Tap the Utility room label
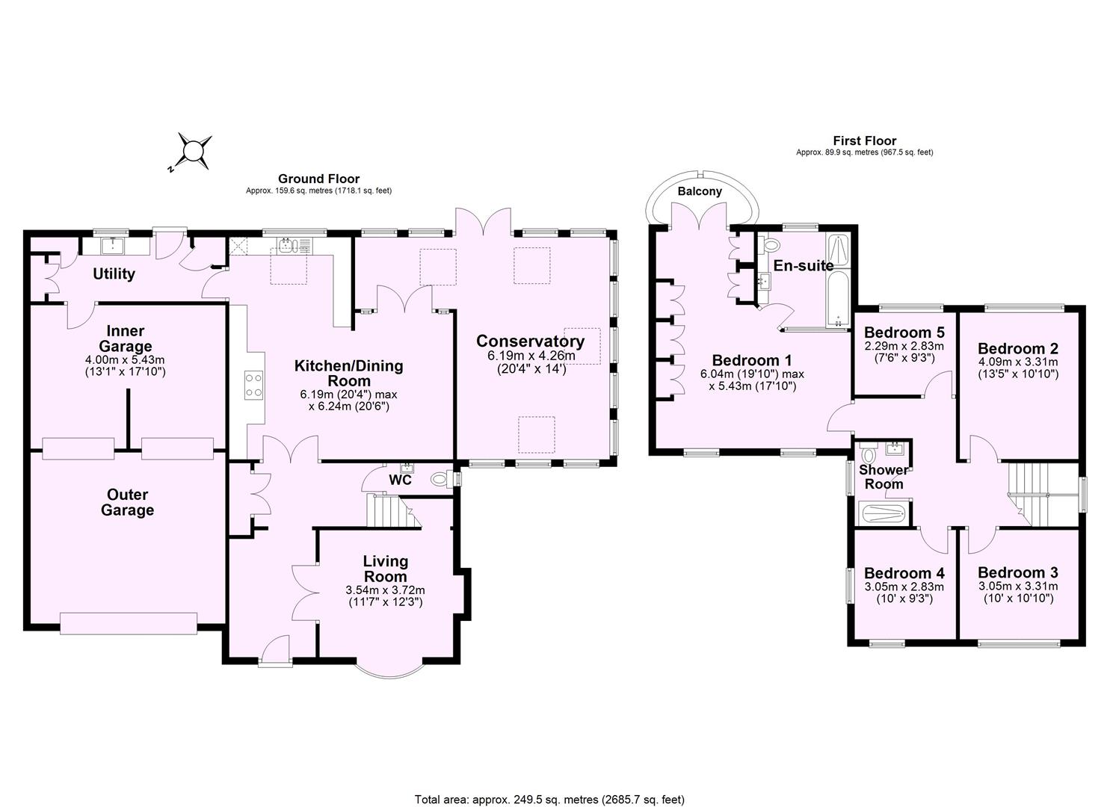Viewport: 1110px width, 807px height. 114,273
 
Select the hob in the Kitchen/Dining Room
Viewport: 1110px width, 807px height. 253,386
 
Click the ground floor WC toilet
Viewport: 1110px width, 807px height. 441,479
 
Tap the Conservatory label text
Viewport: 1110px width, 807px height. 530,341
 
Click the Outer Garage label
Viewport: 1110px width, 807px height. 128,502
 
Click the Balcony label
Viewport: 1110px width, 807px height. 700,191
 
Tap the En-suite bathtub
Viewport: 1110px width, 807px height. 839,299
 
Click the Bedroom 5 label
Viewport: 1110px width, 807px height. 904,333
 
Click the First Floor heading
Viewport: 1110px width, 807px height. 864,140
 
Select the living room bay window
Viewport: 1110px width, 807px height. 389,670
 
